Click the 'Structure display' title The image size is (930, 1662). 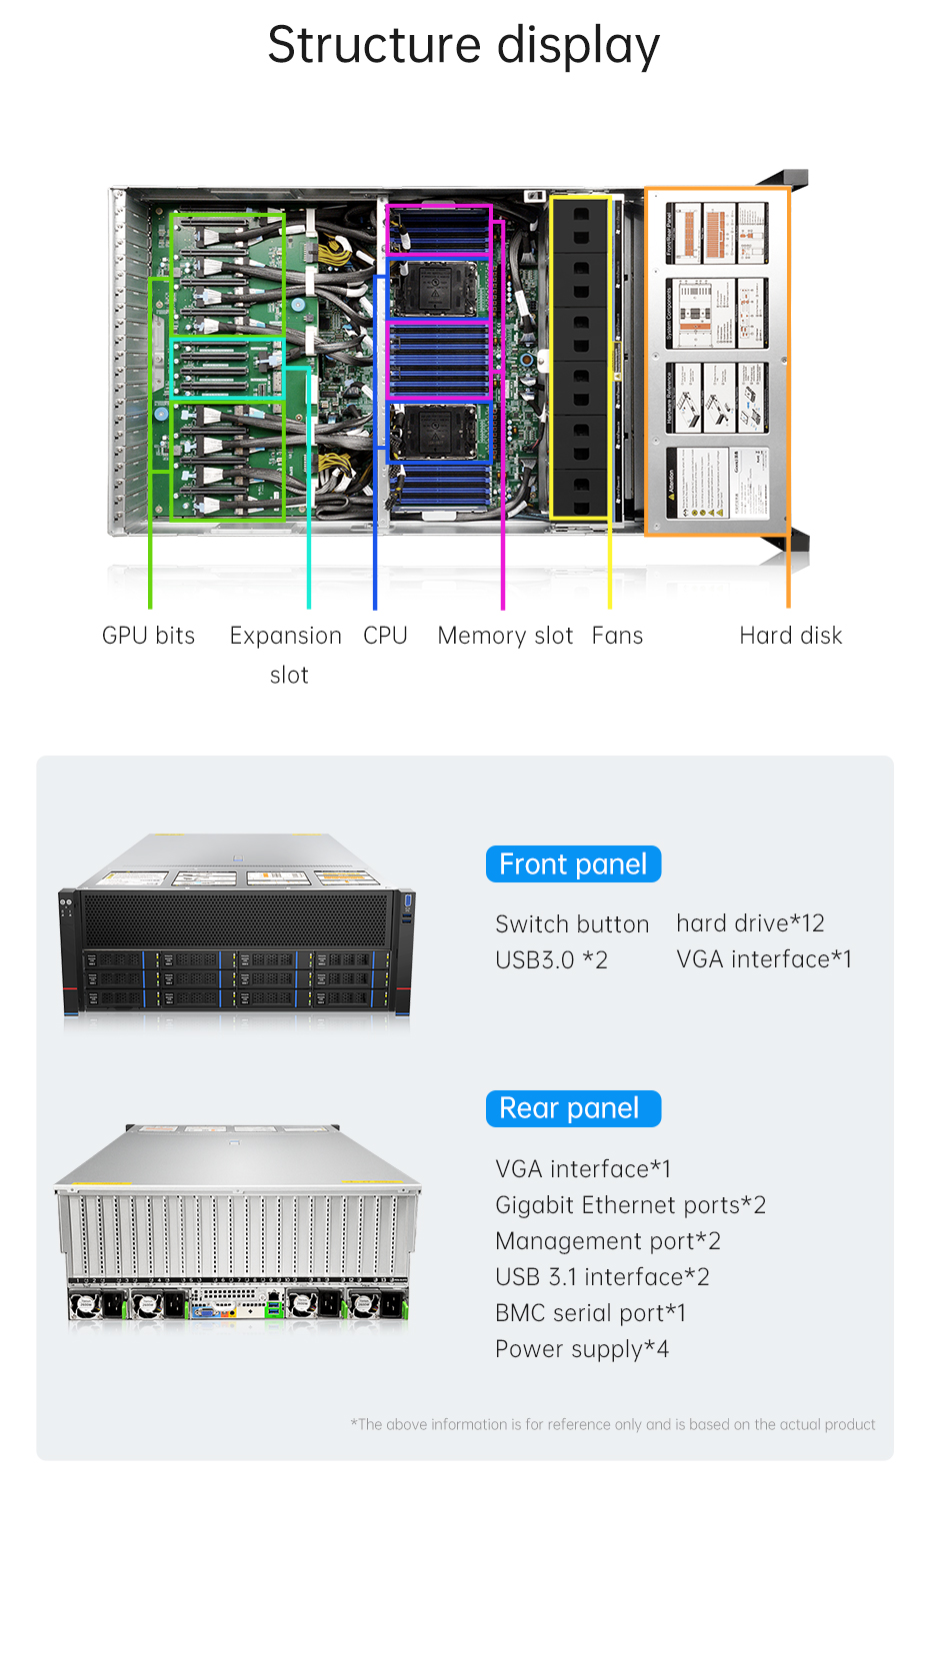pyautogui.click(x=463, y=46)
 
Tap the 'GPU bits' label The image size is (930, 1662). pyautogui.click(x=148, y=636)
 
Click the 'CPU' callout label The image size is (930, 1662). pyautogui.click(x=385, y=636)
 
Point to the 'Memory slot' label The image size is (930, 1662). pyautogui.click(x=505, y=636)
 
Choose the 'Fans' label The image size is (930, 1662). pyautogui.click(x=617, y=636)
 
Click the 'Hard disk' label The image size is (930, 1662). pyautogui.click(x=790, y=636)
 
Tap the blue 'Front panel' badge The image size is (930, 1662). pyautogui.click(x=573, y=864)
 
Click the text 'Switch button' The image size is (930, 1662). pyautogui.click(x=572, y=924)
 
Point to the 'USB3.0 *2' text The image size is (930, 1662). pyautogui.click(x=551, y=960)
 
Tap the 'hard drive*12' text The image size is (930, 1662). pyautogui.click(x=750, y=923)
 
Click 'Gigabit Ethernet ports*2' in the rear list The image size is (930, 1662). pyautogui.click(x=630, y=1205)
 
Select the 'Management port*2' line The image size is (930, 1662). pyautogui.click(x=607, y=1241)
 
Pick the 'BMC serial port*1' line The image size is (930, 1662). pyautogui.click(x=590, y=1313)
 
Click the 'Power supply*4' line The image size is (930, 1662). pyautogui.click(x=581, y=1349)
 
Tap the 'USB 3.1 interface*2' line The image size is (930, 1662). pyautogui.click(x=602, y=1277)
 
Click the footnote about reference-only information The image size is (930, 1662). pyautogui.click(x=612, y=1424)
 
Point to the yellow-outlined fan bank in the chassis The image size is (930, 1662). pyautogui.click(x=579, y=357)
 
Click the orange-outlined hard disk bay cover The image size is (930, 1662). pyautogui.click(x=717, y=361)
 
